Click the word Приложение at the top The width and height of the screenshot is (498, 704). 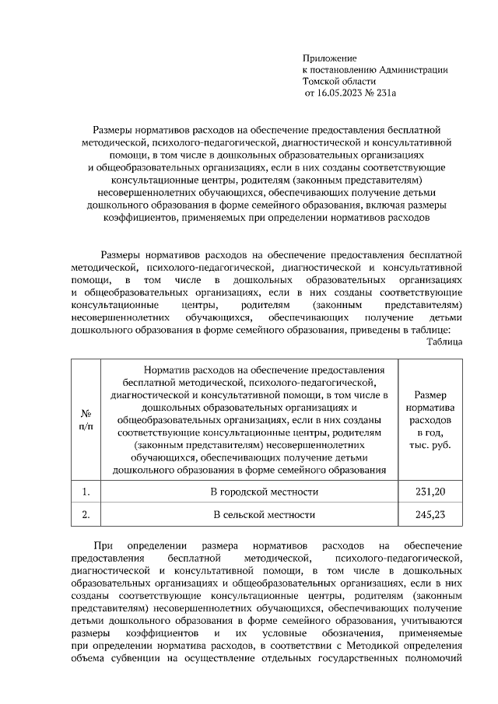[329, 58]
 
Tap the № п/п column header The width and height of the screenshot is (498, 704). [86, 419]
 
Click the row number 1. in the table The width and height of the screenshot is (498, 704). [86, 492]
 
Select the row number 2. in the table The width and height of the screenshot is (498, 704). [86, 515]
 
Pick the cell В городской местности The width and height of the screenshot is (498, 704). [265, 492]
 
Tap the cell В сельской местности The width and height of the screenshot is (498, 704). [265, 515]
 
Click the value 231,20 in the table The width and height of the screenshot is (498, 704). [430, 492]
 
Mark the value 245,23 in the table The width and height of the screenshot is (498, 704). [430, 515]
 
